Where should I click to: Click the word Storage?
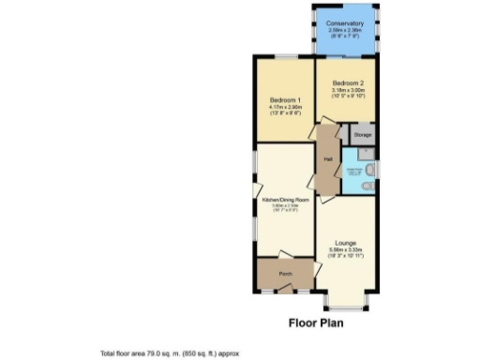click(x=362, y=135)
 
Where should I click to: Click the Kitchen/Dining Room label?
click(x=285, y=199)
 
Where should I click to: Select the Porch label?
click(x=285, y=273)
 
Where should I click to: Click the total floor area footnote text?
click(x=171, y=353)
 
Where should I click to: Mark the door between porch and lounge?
click(x=317, y=270)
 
